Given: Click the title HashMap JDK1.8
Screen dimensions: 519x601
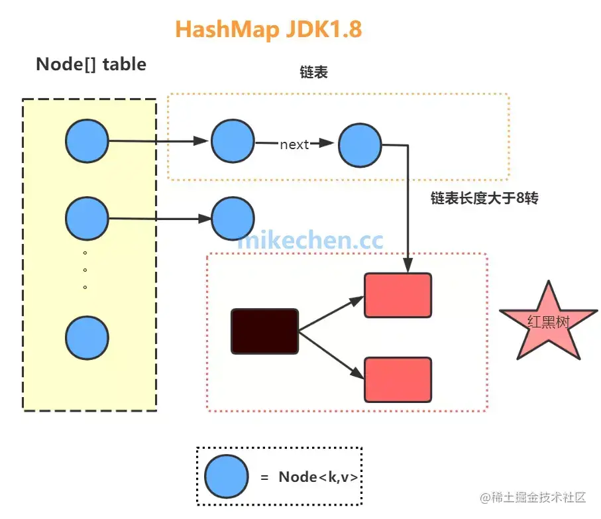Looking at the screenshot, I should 268,30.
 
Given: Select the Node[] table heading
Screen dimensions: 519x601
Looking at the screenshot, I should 91,64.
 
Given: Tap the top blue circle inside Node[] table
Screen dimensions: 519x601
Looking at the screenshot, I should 87,141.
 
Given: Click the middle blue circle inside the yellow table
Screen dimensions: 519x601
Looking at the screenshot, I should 87,219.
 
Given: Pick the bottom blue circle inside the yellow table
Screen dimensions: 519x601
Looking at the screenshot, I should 87,338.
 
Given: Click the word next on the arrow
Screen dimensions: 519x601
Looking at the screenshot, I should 294,144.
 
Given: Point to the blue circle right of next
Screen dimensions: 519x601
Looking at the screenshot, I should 360,144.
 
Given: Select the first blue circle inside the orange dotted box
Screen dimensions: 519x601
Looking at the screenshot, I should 233,142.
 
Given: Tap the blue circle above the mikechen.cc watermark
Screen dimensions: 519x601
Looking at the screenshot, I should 233,219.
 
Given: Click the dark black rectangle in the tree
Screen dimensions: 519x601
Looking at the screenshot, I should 264,331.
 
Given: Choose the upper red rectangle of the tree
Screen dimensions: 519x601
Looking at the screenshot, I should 398,295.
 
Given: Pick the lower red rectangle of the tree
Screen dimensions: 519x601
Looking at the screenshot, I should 398,379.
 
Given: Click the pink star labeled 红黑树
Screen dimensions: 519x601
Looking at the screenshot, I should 548,322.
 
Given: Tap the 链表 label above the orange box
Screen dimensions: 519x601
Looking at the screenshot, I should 313,72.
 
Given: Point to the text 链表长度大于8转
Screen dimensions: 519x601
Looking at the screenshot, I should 484,198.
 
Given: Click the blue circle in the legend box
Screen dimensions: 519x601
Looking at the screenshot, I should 226,476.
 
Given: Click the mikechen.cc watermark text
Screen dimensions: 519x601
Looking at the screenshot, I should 310,241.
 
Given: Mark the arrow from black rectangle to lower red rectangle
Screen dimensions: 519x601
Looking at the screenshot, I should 331,354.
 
